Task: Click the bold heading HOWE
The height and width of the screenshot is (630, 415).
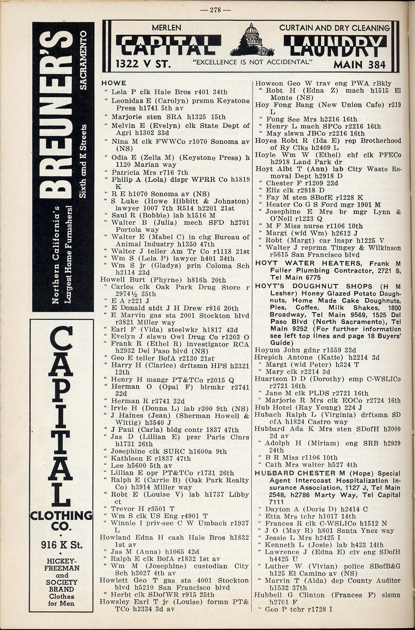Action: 113,83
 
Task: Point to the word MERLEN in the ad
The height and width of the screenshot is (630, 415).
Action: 166,28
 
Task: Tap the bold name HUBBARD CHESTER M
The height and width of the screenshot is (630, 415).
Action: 302,473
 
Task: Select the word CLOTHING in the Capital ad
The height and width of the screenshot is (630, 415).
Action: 61,515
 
